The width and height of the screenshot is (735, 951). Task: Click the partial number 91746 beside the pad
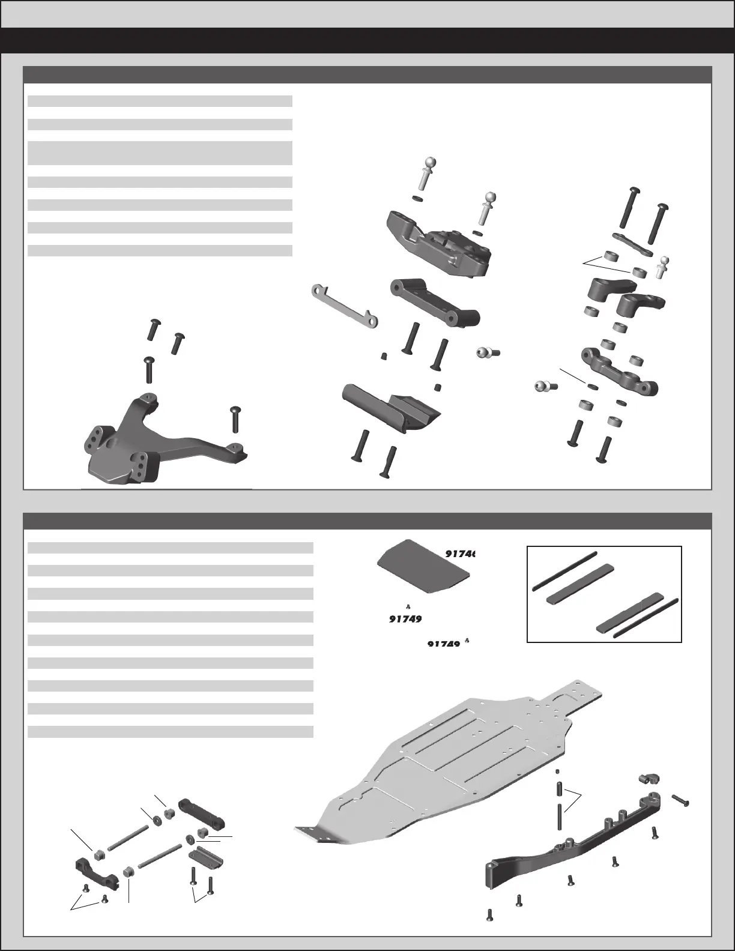click(x=459, y=554)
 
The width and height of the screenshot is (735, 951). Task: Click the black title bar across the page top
click(x=367, y=40)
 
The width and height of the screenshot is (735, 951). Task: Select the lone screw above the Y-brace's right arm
click(x=235, y=418)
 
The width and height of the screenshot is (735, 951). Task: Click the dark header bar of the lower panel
click(x=367, y=521)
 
